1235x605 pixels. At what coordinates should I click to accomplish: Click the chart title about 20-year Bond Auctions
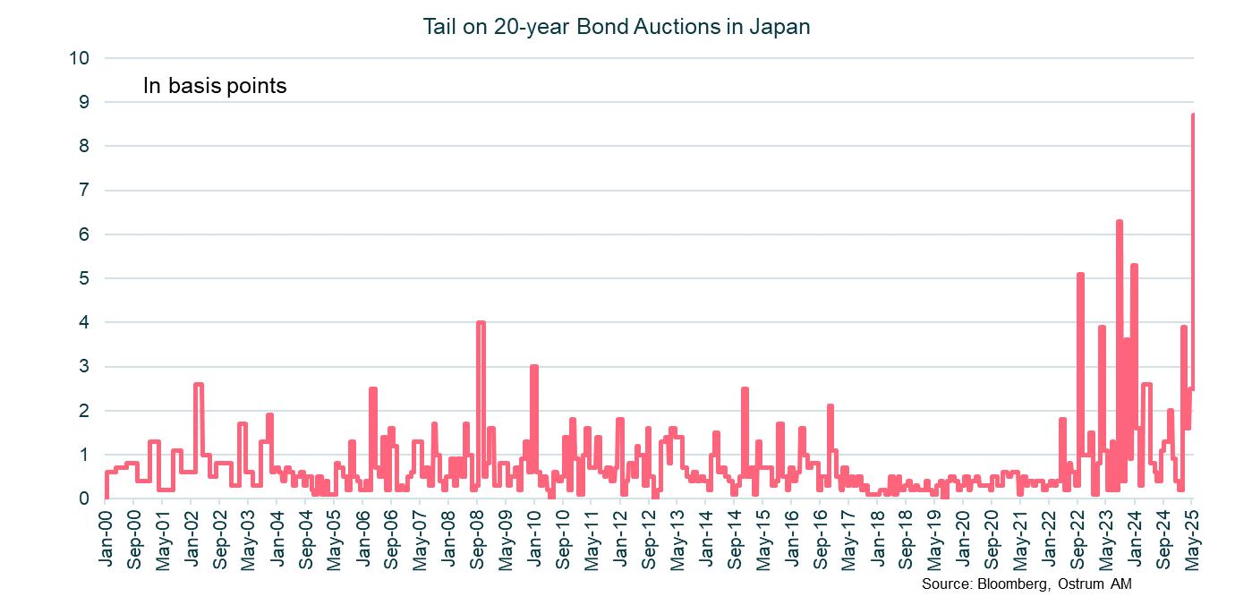point(617,27)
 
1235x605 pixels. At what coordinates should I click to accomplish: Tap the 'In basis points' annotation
point(215,87)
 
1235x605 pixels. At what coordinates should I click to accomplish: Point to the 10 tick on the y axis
point(80,58)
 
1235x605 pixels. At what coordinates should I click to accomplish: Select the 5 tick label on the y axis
point(85,278)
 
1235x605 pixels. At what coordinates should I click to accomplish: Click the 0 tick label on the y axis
point(85,498)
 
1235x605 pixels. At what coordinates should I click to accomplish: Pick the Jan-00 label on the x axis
point(106,534)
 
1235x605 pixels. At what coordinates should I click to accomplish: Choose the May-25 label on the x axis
point(1193,534)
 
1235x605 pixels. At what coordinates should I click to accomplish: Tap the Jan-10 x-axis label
point(534,534)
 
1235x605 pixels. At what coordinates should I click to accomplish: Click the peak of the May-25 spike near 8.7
point(1193,115)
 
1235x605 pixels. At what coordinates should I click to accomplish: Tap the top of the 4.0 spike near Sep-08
point(481,322)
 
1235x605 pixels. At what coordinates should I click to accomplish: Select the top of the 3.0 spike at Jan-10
point(534,367)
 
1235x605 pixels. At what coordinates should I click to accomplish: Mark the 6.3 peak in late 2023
point(1120,221)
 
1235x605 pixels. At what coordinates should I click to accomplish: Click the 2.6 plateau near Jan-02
point(199,384)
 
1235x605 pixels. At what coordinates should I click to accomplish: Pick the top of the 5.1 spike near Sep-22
point(1081,274)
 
